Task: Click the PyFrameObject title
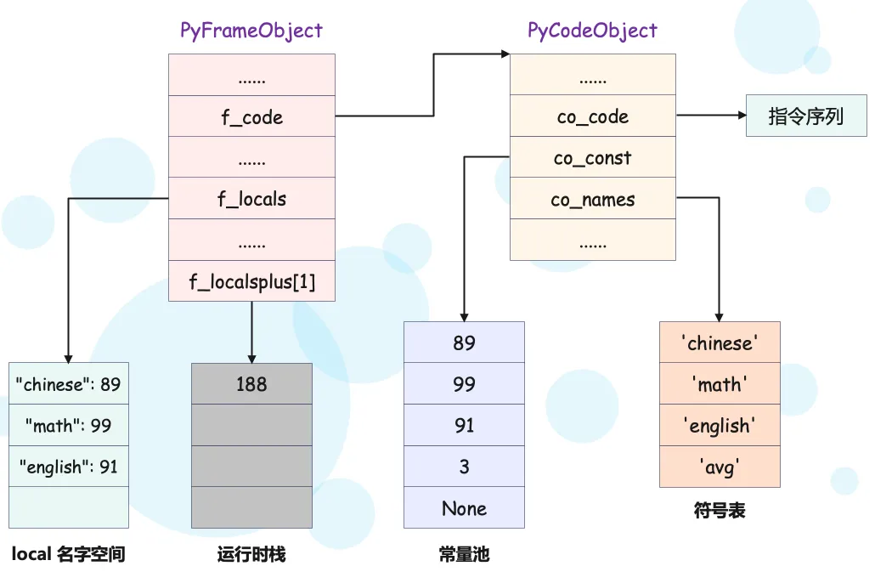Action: pyautogui.click(x=251, y=31)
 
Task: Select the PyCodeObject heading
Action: pyautogui.click(x=592, y=31)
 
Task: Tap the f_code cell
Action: pyautogui.click(x=251, y=116)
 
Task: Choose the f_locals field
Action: pyautogui.click(x=251, y=198)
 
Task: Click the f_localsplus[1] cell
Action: pyautogui.click(x=251, y=281)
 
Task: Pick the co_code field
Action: pyautogui.click(x=593, y=116)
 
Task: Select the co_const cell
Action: pyautogui.click(x=593, y=157)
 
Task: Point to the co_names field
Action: pyautogui.click(x=593, y=198)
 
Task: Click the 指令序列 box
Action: pyautogui.click(x=806, y=116)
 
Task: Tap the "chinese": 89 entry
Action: pyautogui.click(x=69, y=383)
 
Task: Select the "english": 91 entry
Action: pyautogui.click(x=69, y=467)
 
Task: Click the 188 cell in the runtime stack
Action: pyautogui.click(x=251, y=383)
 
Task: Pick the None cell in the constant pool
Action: pyautogui.click(x=465, y=507)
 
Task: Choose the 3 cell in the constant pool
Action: pyautogui.click(x=465, y=467)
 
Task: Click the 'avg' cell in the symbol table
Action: pyautogui.click(x=720, y=467)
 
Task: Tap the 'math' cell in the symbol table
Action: pyautogui.click(x=720, y=383)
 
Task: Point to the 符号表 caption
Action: pyautogui.click(x=720, y=510)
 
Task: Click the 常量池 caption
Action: pyautogui.click(x=465, y=554)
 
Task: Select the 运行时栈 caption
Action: pyautogui.click(x=251, y=554)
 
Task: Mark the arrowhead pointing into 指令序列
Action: pyautogui.click(x=742, y=115)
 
